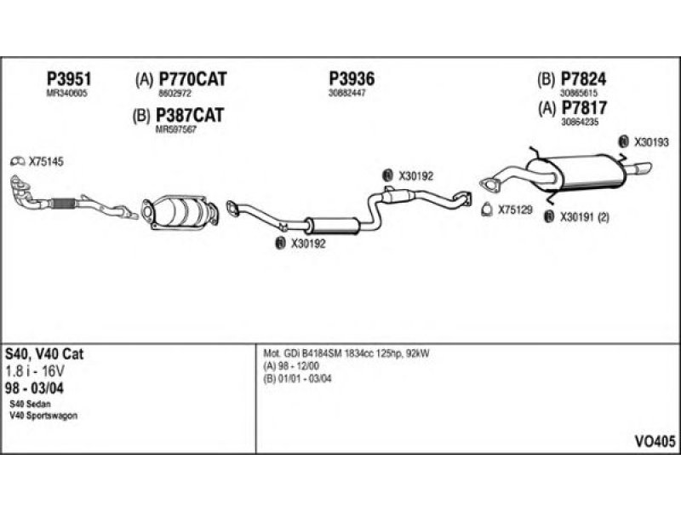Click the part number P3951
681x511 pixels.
tap(68, 79)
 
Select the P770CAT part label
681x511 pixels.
tap(192, 80)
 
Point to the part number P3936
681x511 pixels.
tap(352, 79)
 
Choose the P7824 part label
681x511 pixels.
tap(583, 80)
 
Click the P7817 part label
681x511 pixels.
tap(583, 108)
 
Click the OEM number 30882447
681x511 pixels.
tap(347, 93)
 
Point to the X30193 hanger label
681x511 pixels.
tap(651, 141)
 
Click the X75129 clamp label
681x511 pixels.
tap(515, 209)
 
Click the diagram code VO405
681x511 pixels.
tap(655, 441)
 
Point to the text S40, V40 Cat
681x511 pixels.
tap(44, 353)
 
